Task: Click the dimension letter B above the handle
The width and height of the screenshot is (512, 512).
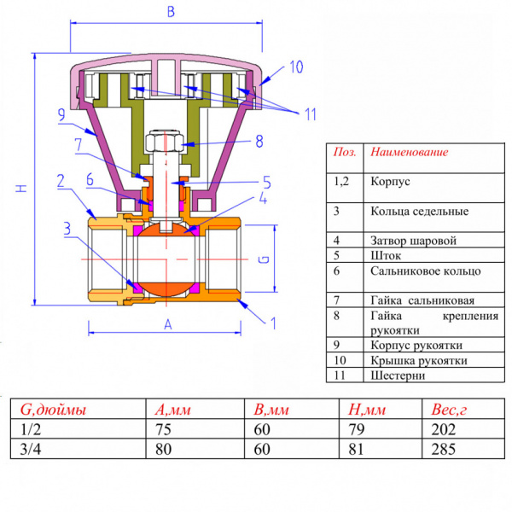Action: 170,12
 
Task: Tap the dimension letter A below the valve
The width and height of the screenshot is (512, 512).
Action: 167,324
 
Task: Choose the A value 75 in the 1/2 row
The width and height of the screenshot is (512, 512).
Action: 164,429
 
